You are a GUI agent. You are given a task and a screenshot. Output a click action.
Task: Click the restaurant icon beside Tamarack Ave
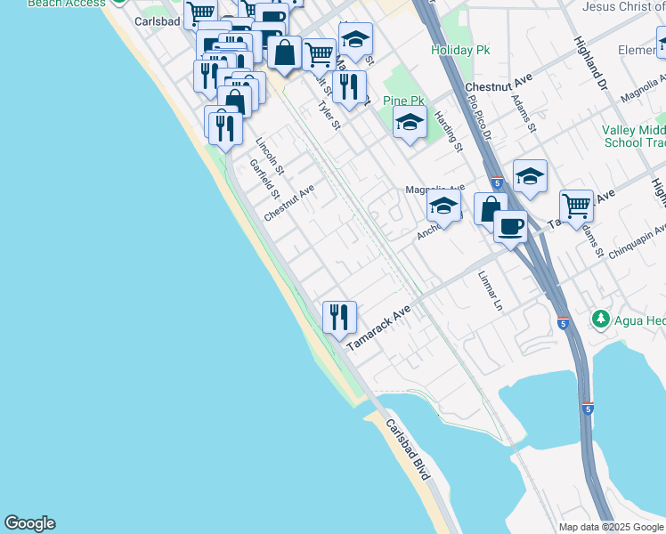point(339,317)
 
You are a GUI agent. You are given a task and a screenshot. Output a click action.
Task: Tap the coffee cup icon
point(510,226)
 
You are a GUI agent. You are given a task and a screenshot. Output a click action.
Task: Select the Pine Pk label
point(402,101)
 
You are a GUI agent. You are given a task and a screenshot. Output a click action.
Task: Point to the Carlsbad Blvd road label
point(409,450)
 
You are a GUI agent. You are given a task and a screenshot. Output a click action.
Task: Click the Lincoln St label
point(269,155)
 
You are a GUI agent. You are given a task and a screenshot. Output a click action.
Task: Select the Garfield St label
point(264,179)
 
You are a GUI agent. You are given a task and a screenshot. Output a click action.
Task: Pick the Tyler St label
point(329,114)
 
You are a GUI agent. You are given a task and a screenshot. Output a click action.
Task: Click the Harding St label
point(449,131)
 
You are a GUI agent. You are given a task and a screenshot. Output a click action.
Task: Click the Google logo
point(29,523)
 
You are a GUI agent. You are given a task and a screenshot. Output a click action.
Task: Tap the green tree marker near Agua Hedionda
point(601,319)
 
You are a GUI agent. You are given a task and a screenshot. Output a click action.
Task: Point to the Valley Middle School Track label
point(633,136)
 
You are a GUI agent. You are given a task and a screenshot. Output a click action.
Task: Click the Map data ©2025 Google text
point(610,527)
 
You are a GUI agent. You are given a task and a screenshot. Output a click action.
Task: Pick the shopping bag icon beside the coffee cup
point(490,210)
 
